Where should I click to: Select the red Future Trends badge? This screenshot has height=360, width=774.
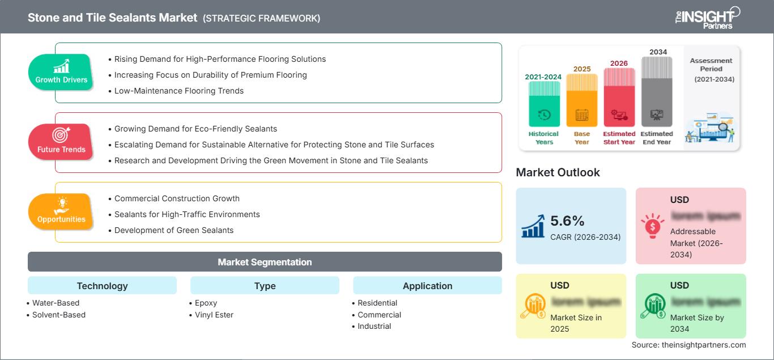point(61,142)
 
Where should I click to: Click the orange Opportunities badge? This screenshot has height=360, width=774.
point(61,212)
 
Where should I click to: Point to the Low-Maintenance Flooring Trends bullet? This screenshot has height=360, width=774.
point(178,91)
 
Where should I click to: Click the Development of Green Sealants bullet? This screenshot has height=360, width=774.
point(173,230)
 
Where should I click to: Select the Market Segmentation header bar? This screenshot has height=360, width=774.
point(265,262)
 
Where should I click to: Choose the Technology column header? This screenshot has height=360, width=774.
point(102,286)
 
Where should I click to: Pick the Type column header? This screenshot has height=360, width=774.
point(265,286)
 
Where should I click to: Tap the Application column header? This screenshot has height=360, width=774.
point(427,286)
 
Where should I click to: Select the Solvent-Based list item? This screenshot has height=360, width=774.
point(58,315)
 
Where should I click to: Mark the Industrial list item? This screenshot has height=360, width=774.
point(374,326)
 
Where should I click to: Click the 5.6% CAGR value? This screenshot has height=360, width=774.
point(567,221)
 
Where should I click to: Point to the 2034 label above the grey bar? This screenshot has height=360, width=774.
point(658,52)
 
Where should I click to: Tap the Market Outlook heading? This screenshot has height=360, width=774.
point(558,172)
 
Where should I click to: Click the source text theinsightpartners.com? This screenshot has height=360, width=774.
point(688,345)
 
